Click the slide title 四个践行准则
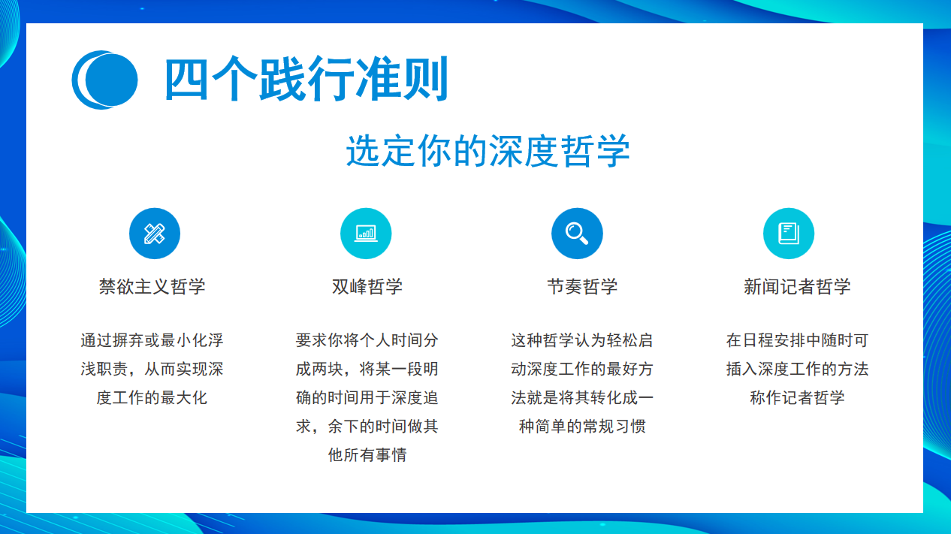306,80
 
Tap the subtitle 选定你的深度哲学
488,151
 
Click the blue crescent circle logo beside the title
104,80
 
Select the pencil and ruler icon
155,234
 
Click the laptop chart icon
366,234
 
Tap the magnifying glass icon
577,234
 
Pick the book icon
789,234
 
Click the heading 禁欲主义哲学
152,286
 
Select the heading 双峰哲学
367,286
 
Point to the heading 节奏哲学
582,286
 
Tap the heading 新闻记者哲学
797,286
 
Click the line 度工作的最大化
152,398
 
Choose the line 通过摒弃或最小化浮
152,340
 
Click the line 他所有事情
367,455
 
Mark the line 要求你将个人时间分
367,340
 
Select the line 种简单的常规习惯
582,426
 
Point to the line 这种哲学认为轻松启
582,340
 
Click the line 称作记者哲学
797,398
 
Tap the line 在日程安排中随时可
797,340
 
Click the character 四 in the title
186,80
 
